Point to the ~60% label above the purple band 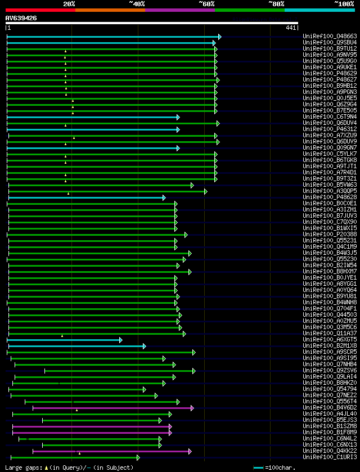click(206, 3)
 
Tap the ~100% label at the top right click(344, 3)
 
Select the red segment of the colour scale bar click(40, 10)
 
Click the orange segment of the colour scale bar click(110, 10)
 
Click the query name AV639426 click(21, 18)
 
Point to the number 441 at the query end click(291, 28)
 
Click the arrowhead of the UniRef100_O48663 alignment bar click(219, 37)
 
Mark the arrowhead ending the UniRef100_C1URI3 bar click(138, 457)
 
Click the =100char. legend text click(280, 467)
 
